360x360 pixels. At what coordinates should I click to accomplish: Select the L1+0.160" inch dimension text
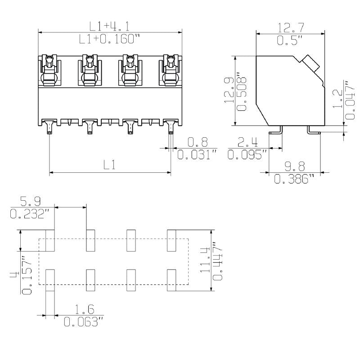(x=107, y=40)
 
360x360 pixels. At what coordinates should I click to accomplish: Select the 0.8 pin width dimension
(x=198, y=143)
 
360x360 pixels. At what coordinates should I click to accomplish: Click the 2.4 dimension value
(x=247, y=143)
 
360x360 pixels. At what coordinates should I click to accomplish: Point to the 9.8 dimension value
(x=294, y=166)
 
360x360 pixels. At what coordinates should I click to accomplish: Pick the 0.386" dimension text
(x=294, y=179)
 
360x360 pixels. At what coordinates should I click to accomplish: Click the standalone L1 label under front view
(x=109, y=165)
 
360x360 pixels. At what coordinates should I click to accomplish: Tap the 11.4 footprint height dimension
(x=205, y=261)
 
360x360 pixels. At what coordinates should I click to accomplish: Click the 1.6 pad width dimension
(x=84, y=310)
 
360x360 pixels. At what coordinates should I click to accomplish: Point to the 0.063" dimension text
(x=84, y=322)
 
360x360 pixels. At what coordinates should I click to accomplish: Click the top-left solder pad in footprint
(x=50, y=240)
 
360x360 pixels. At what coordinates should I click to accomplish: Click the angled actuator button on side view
(x=310, y=63)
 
